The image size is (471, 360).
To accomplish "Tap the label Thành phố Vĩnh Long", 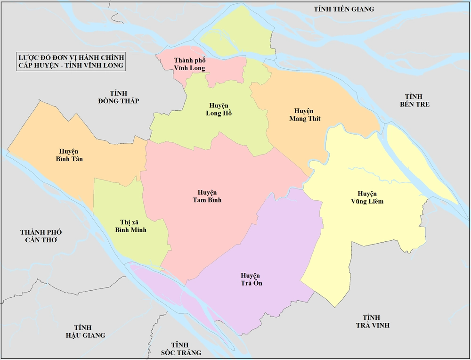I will (x=189, y=64).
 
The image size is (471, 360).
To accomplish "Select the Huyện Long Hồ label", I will (x=219, y=109).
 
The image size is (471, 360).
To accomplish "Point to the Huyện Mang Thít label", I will (x=304, y=115).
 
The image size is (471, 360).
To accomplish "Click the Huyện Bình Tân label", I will (x=69, y=155).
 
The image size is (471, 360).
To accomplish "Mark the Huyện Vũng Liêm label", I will (x=370, y=197).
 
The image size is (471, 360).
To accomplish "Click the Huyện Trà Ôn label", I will (x=251, y=279).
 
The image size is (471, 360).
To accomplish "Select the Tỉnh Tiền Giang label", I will (x=344, y=9).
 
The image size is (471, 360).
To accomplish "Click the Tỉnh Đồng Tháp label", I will (x=119, y=97).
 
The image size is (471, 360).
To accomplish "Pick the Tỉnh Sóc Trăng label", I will (x=180, y=349).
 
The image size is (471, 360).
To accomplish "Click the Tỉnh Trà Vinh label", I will (x=372, y=321).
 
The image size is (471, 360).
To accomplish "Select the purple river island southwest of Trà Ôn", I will (x=160, y=287).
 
